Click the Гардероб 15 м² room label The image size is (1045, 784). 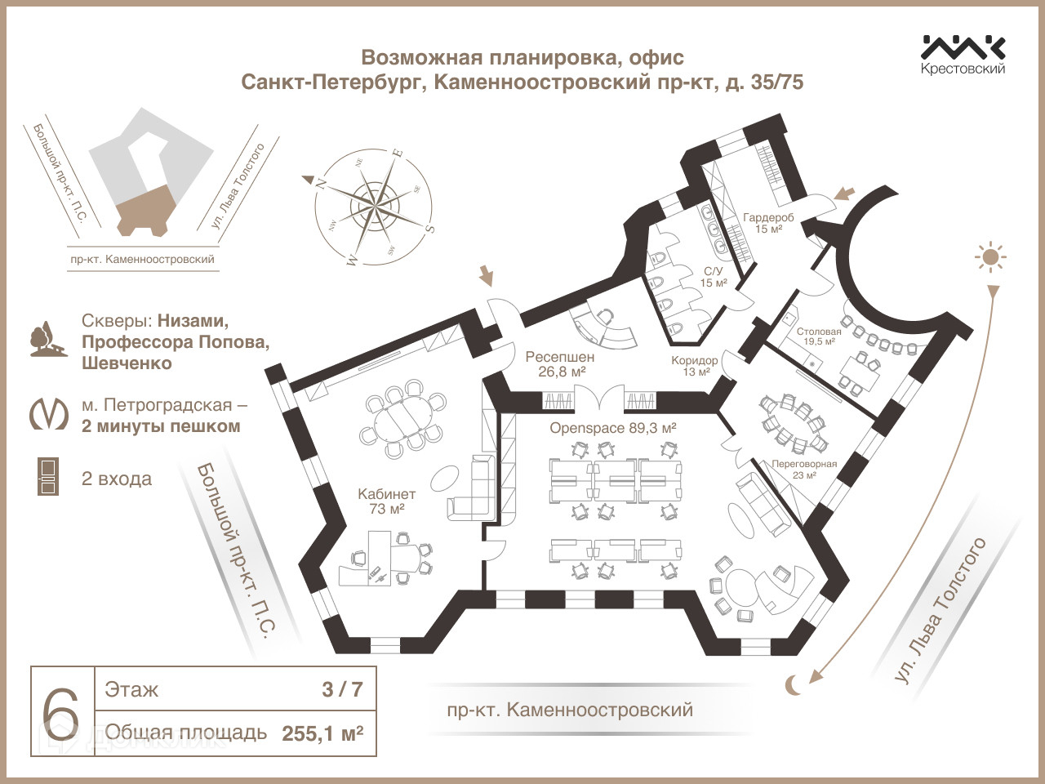coord(768,223)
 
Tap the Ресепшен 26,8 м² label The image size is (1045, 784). coord(560,364)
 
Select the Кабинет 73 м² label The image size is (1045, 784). coord(387,501)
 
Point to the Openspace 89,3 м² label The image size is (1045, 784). coord(613,428)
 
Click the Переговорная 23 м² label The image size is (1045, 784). coord(804,469)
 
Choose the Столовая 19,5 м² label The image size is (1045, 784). coord(819,336)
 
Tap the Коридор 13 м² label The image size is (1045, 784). coord(695,366)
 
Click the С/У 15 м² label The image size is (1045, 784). coord(714,277)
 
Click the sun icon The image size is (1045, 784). coord(990,258)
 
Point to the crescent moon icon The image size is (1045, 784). coord(793,684)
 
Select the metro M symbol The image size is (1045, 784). coord(49,413)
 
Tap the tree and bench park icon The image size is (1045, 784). coord(47,341)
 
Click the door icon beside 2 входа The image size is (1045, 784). coord(48,477)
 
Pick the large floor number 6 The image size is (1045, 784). coord(62,711)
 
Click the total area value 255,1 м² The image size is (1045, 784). coord(322,733)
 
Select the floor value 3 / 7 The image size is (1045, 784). coord(342,689)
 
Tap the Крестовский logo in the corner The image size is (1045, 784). coord(963,54)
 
